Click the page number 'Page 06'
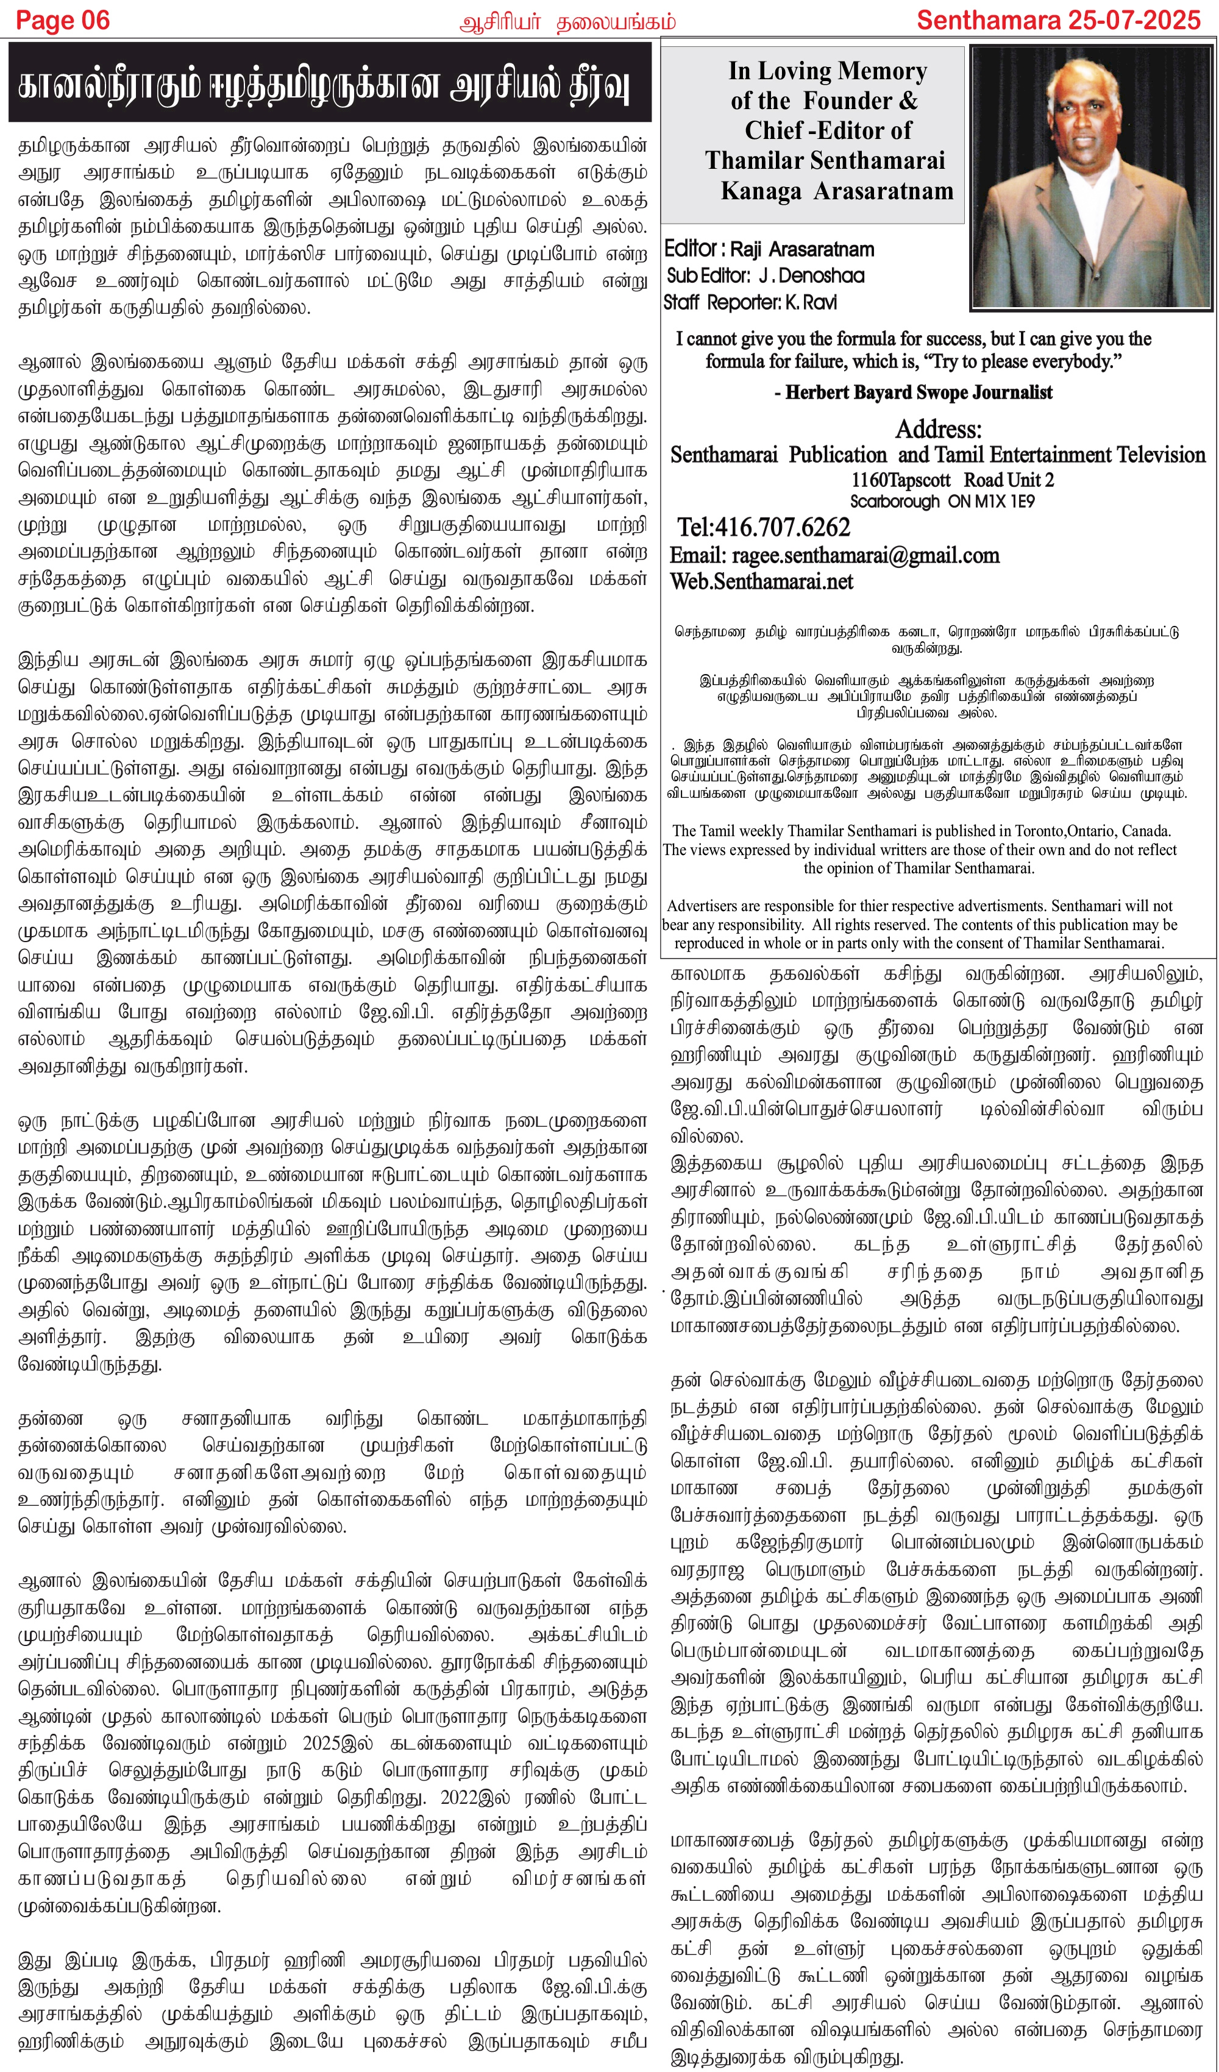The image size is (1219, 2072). pos(63,21)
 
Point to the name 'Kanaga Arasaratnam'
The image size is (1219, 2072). pos(836,191)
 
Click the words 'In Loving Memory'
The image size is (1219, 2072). pos(828,71)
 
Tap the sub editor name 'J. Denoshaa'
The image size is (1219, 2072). pos(811,275)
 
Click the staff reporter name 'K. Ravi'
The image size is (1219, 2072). pos(810,303)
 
